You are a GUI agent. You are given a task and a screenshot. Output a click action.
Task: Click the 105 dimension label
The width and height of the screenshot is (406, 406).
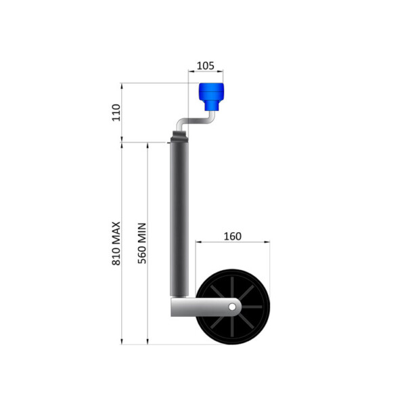[x=205, y=66]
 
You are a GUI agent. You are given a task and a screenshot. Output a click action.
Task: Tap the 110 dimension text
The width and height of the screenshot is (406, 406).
[x=115, y=112]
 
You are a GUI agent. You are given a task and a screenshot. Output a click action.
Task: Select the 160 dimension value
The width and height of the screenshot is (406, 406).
[x=232, y=236]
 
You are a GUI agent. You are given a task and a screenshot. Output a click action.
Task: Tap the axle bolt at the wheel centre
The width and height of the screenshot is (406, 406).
[x=232, y=307]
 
